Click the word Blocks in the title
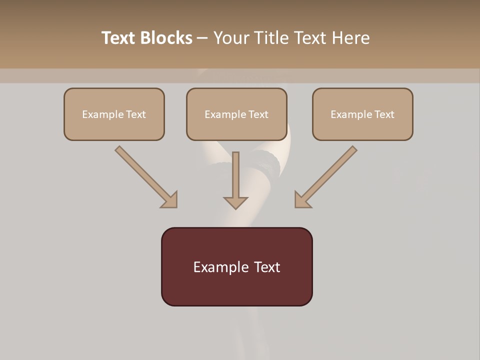tap(167, 38)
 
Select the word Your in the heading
tap(231, 38)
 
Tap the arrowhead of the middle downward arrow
tap(235, 202)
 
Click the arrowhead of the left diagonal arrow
tap(170, 200)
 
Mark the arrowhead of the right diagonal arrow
tap(302, 200)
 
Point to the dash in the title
tap(202, 38)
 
